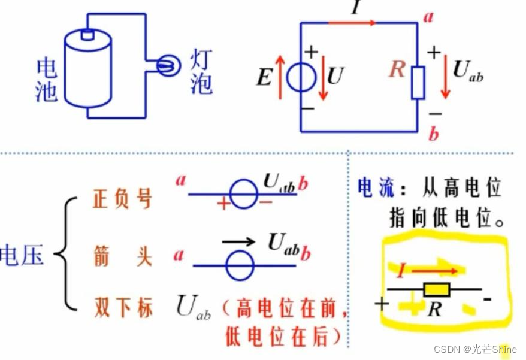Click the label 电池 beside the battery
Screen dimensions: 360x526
[x=46, y=80]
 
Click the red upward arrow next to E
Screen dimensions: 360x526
[x=280, y=76]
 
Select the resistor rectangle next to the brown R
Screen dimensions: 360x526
[x=418, y=83]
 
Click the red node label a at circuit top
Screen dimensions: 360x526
[x=428, y=16]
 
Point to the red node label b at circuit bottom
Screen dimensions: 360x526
[x=433, y=133]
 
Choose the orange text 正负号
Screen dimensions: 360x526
[x=122, y=199]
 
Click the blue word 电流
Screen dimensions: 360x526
[x=376, y=187]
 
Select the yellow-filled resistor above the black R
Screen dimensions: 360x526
[x=436, y=290]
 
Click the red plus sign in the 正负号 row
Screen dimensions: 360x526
[x=223, y=204]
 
